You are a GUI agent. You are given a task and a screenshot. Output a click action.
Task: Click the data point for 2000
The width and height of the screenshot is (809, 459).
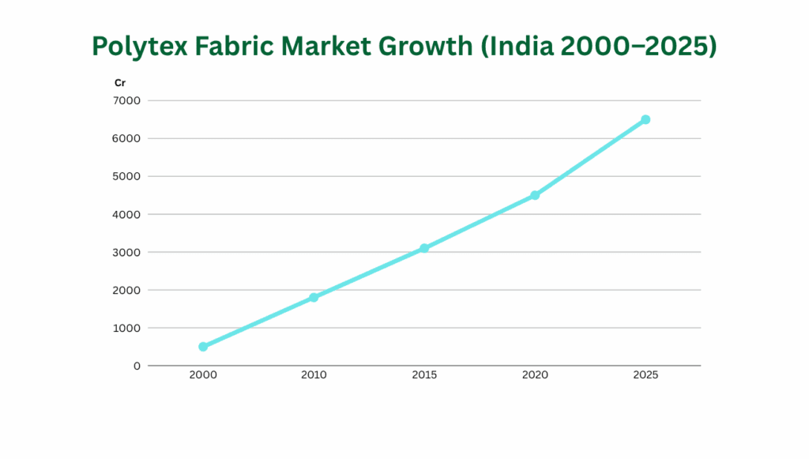(203, 347)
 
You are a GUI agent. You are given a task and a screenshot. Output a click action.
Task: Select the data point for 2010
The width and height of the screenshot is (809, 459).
(314, 298)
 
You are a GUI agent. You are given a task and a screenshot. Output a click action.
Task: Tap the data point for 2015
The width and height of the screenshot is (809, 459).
(424, 248)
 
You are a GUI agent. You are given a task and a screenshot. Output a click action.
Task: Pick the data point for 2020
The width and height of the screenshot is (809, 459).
(535, 195)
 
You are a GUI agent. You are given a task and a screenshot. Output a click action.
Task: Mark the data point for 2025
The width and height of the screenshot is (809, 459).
(645, 119)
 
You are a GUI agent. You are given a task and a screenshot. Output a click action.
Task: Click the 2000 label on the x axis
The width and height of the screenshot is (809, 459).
(203, 375)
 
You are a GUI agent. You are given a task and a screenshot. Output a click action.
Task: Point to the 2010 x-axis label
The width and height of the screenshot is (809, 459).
(314, 375)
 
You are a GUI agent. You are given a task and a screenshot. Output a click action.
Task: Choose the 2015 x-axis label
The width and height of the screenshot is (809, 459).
(424, 375)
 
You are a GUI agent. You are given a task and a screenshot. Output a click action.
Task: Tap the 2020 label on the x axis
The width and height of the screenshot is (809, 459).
(535, 375)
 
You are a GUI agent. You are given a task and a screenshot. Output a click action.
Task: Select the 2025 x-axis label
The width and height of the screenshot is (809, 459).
(645, 375)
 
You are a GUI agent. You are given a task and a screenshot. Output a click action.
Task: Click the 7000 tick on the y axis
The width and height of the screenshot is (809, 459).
(127, 100)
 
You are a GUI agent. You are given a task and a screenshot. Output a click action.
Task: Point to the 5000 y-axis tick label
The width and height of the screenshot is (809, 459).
(127, 176)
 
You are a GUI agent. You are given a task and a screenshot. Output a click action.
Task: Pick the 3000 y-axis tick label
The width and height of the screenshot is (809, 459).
(127, 252)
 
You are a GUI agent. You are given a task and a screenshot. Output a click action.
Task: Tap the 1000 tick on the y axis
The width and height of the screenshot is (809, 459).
(127, 328)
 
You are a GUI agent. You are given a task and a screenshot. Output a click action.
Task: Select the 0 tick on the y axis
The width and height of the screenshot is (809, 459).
(137, 366)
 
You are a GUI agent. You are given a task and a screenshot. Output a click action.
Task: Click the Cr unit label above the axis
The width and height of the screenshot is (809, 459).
(120, 82)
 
